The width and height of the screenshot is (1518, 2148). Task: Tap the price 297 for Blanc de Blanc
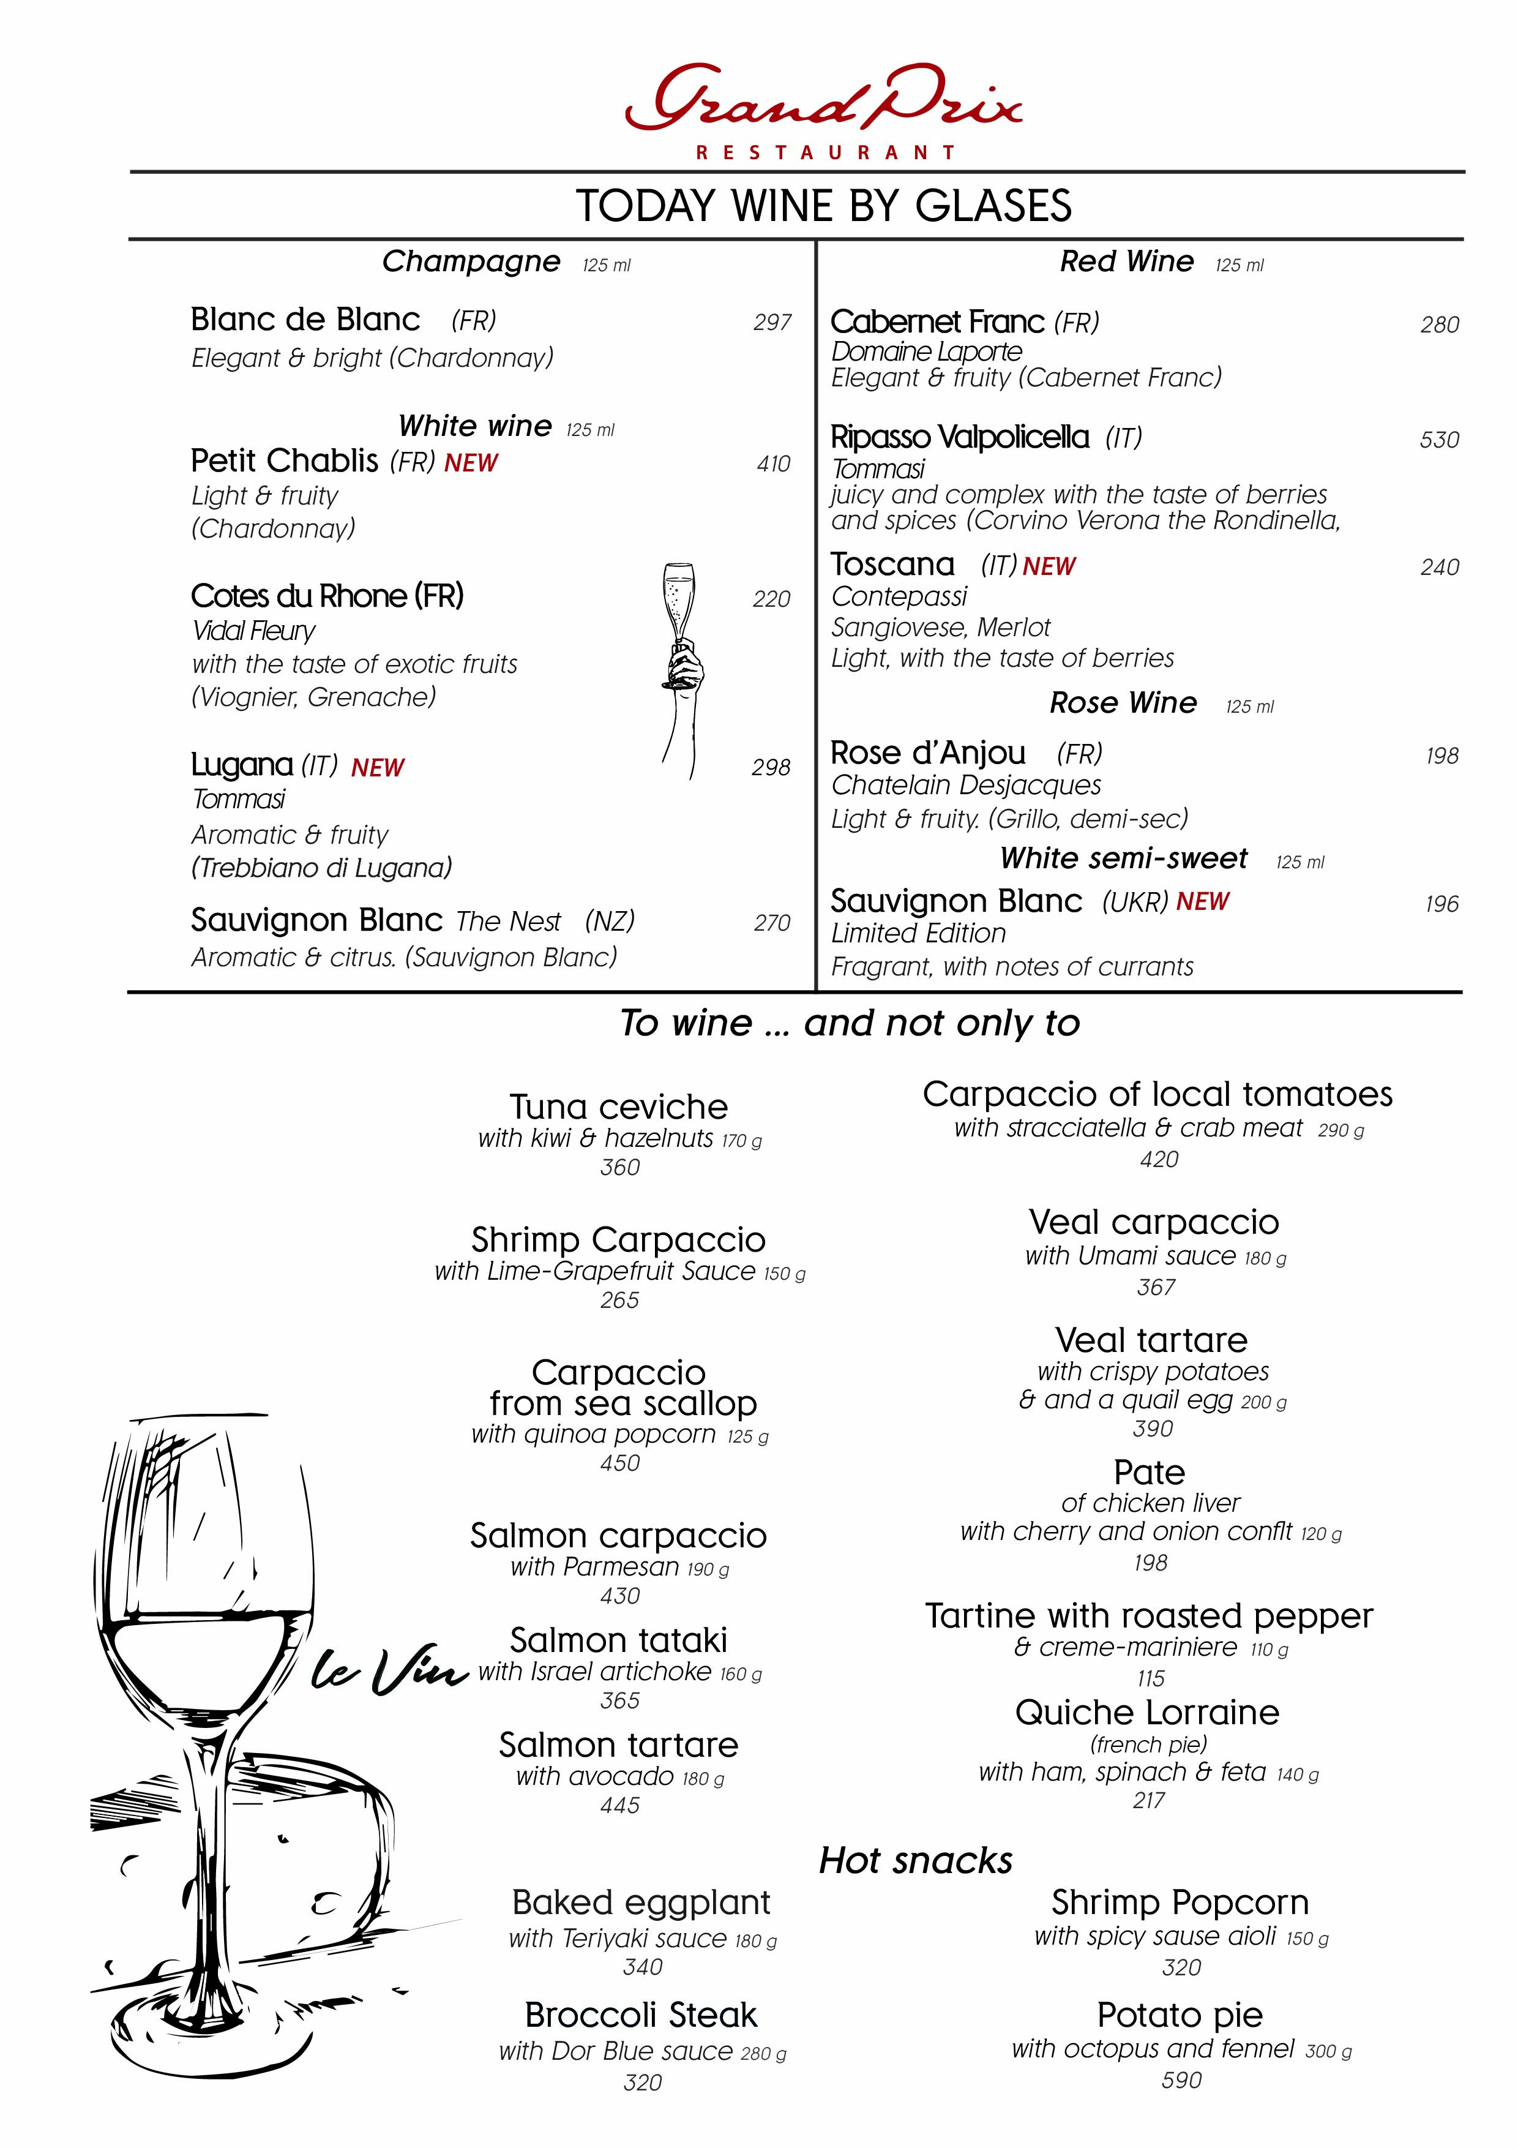tap(772, 323)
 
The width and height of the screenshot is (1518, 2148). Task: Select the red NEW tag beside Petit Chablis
tap(471, 463)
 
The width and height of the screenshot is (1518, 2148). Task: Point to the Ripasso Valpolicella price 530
tap(1438, 440)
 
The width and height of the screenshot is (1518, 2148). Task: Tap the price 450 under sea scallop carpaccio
tap(620, 1463)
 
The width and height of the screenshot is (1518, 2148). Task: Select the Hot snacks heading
tap(916, 1861)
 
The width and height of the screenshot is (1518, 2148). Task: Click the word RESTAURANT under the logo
tap(825, 152)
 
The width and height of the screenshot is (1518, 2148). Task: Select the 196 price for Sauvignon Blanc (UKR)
tap(1441, 904)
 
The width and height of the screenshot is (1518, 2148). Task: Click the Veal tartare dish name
tap(1151, 1340)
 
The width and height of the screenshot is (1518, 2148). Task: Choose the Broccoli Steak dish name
tap(641, 2015)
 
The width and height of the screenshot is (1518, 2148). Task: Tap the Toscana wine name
tap(892, 565)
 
